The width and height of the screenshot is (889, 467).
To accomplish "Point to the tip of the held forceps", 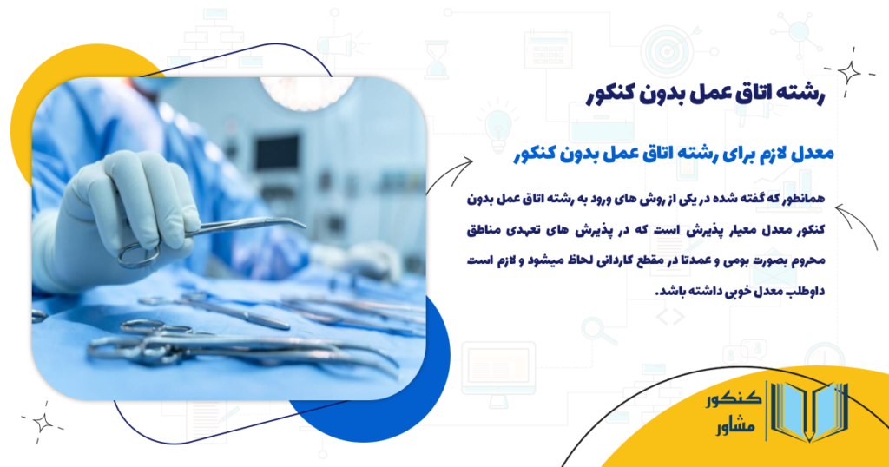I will click(x=300, y=223).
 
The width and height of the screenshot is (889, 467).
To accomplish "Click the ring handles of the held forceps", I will click(x=139, y=254).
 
